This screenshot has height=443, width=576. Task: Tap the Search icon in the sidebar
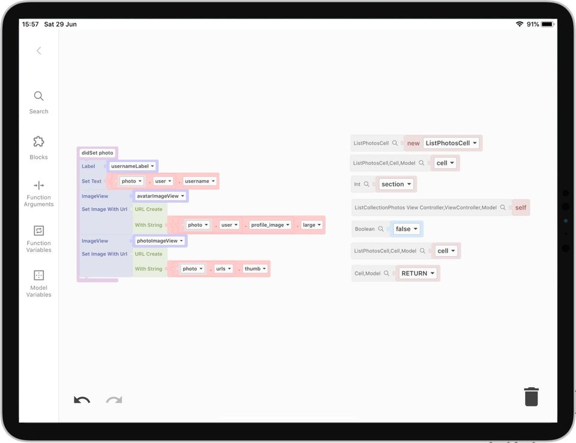(x=38, y=96)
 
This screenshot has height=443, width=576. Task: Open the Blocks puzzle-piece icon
(x=38, y=142)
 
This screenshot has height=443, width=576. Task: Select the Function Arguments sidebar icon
(x=38, y=185)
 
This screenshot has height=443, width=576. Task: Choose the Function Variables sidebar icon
(x=38, y=231)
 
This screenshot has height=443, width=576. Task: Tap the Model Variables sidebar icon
(x=38, y=276)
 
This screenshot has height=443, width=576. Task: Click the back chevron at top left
(x=38, y=50)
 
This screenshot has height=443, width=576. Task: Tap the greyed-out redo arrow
(x=114, y=400)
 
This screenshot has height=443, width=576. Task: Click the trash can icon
(x=531, y=397)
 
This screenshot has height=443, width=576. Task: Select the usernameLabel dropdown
(x=132, y=166)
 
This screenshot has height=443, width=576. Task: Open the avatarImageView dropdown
(x=160, y=196)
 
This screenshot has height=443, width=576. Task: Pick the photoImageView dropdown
(x=160, y=241)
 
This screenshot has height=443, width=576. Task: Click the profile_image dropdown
(x=270, y=225)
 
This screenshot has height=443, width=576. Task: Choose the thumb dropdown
(x=255, y=269)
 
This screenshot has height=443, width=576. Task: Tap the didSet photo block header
(x=97, y=153)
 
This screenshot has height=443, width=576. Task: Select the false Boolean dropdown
(x=406, y=229)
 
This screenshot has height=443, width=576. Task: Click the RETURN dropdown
(x=418, y=274)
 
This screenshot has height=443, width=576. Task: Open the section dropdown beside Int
(x=396, y=184)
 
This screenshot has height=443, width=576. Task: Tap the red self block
(x=521, y=208)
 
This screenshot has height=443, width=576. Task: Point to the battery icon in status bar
(x=547, y=24)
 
